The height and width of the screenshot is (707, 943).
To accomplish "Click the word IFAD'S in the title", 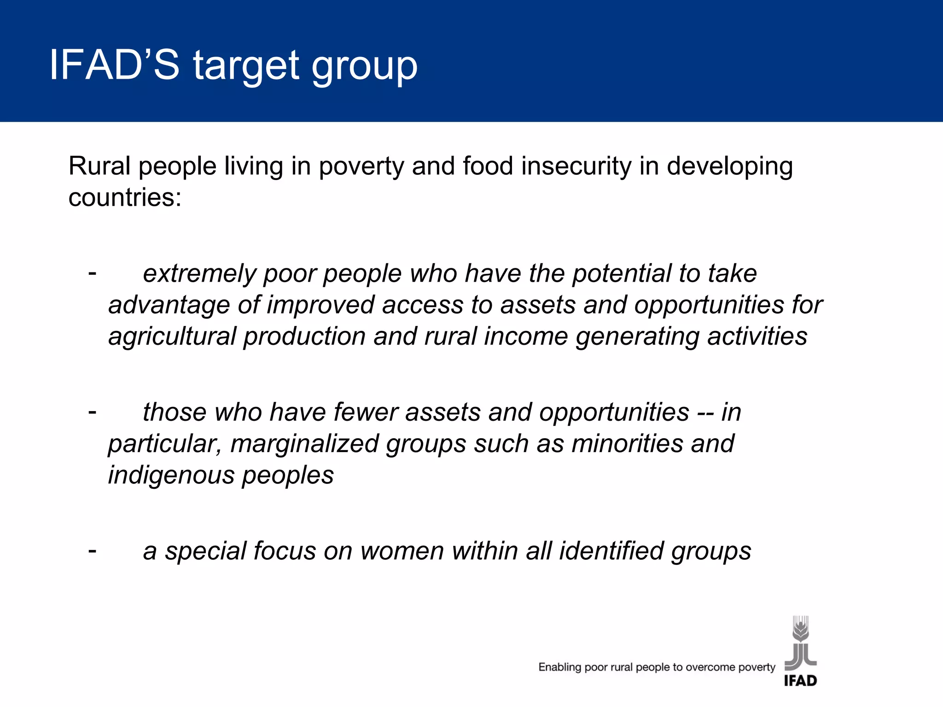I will coord(114,65).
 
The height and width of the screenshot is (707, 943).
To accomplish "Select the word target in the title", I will coord(246,66).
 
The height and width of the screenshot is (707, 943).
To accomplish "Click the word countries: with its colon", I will coord(125,198).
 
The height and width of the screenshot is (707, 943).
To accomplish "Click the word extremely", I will coord(199,274).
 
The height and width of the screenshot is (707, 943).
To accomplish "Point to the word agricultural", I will coord(172,337).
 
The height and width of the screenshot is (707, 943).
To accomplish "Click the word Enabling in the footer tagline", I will coord(560,667).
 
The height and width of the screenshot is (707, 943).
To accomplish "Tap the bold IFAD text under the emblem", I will coord(800,681).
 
